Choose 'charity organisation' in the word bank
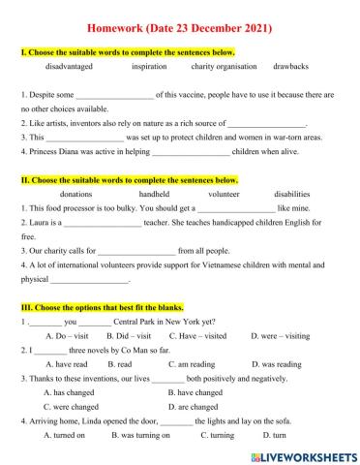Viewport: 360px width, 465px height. (x=225, y=67)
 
